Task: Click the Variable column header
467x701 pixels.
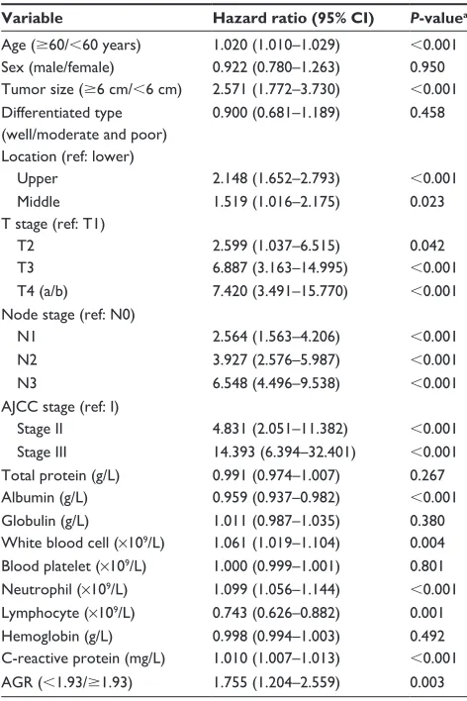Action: [32, 18]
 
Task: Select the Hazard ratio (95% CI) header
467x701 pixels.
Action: [293, 18]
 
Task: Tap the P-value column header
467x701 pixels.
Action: [438, 18]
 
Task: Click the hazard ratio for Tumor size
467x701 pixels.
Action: [276, 89]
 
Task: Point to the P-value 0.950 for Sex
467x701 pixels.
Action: [427, 67]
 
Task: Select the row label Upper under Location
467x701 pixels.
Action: [38, 178]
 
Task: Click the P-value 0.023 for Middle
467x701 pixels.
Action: [427, 201]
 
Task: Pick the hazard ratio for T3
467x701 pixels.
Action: [280, 267]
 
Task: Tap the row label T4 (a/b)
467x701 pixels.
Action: [43, 291]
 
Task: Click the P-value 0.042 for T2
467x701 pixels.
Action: [427, 246]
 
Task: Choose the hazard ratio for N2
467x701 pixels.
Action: [276, 359]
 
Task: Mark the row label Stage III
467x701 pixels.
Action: [42, 451]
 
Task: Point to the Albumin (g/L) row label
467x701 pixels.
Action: [45, 498]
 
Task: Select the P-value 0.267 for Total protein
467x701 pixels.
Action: [427, 475]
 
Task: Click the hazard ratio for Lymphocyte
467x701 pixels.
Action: [276, 613]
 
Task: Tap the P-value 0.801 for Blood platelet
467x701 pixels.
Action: [427, 566]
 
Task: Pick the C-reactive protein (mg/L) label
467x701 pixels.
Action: [83, 658]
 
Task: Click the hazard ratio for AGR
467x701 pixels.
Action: [276, 682]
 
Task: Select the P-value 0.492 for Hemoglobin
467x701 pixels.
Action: [427, 636]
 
